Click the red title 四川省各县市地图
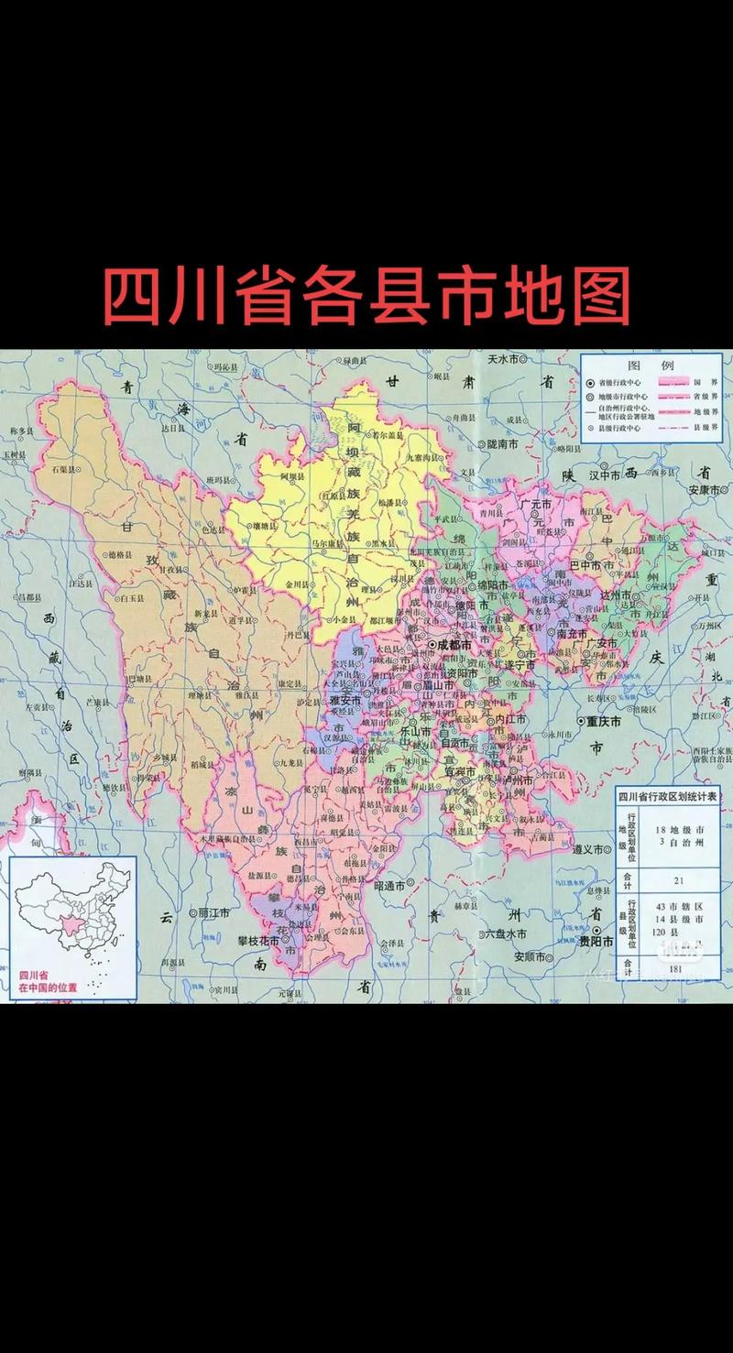tap(366, 296)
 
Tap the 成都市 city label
tap(453, 645)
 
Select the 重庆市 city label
tap(603, 722)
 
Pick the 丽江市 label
tap(213, 913)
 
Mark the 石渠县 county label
tap(61, 469)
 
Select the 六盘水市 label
tap(506, 933)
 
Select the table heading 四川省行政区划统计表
tap(667, 795)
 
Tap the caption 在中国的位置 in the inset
tap(49, 988)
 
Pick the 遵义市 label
tap(586, 849)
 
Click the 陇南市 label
tap(501, 443)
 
